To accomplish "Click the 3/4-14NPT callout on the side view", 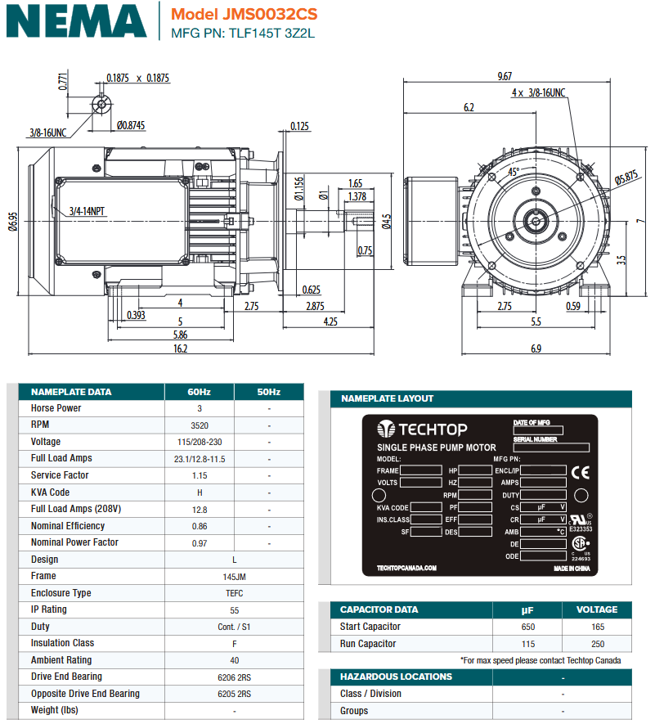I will click(87, 211).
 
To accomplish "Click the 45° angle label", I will click(514, 172).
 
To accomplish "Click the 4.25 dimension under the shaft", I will click(330, 322).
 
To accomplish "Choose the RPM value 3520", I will click(200, 425).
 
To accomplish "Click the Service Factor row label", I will click(59, 475).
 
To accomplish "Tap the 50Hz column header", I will click(268, 392).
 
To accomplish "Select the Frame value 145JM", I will click(235, 577).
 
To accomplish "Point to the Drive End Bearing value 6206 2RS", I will click(235, 677).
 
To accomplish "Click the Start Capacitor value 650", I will click(527, 627).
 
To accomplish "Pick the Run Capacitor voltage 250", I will click(596, 644).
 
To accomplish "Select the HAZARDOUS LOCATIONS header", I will click(396, 677).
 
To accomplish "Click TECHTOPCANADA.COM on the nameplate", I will click(406, 568).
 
